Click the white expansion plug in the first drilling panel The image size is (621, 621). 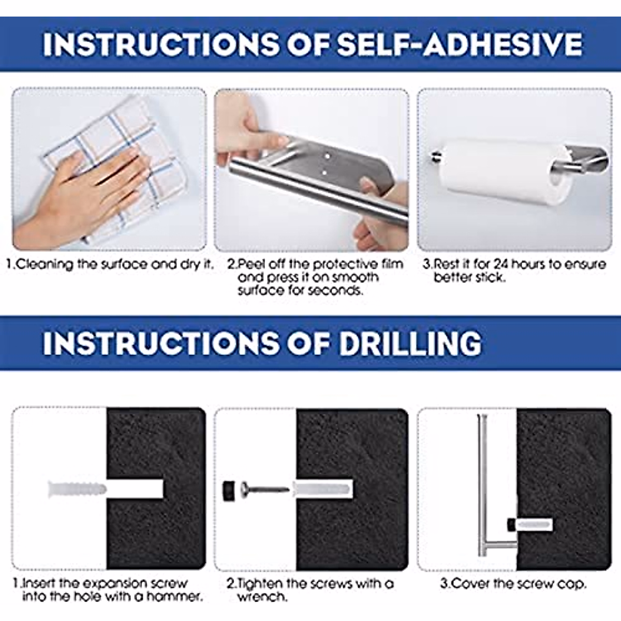tap(77, 489)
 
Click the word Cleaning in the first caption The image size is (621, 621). tap(46, 264)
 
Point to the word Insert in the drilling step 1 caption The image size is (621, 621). tap(39, 584)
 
